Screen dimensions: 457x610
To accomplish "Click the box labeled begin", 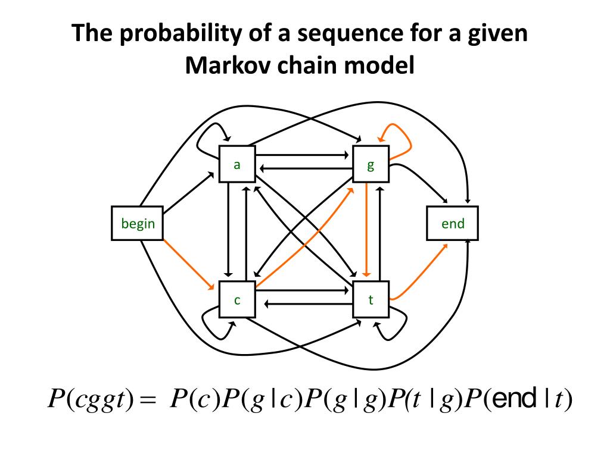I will (x=138, y=224).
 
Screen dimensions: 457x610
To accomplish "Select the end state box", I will (x=453, y=224).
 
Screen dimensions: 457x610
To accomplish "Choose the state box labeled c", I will (x=237, y=300).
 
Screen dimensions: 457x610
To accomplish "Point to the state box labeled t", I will (x=371, y=300).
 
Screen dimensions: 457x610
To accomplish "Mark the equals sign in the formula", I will (x=145, y=399).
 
